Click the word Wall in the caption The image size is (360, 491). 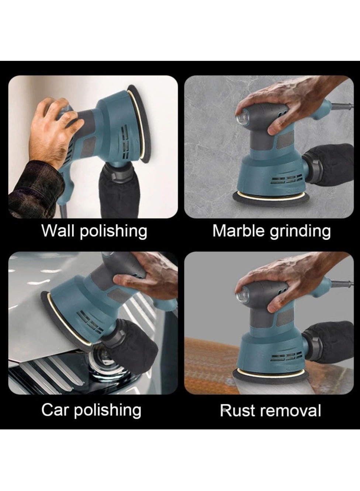58,231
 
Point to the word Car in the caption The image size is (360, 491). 55,410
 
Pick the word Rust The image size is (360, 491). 236,410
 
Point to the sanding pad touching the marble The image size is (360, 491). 271,199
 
